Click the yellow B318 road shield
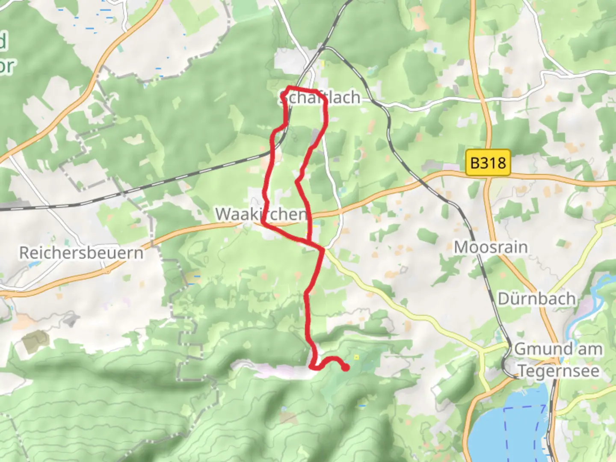click(x=488, y=163)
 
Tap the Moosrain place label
click(x=491, y=247)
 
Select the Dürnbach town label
click(x=536, y=299)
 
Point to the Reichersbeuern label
click(x=81, y=253)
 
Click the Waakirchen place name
click(x=261, y=214)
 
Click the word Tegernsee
click(x=558, y=370)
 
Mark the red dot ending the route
click(x=346, y=367)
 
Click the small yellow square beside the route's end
click(x=357, y=357)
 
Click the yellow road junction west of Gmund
click(x=483, y=352)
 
